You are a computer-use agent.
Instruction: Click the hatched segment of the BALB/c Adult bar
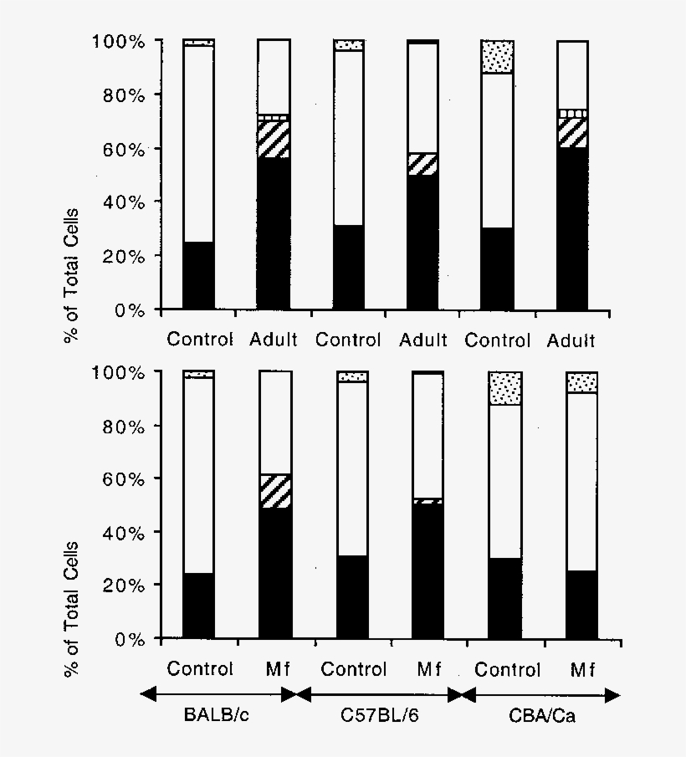(x=273, y=139)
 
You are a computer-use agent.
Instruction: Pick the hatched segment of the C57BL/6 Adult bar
(x=422, y=164)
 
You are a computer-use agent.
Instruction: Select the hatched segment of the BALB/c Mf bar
(x=275, y=491)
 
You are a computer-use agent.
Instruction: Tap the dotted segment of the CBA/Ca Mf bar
(x=582, y=382)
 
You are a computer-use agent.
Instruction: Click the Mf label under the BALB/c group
(x=275, y=669)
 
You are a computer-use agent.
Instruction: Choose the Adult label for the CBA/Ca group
(x=572, y=340)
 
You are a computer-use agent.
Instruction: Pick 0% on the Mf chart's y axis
(x=128, y=639)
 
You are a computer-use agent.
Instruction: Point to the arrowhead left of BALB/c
(x=148, y=693)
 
